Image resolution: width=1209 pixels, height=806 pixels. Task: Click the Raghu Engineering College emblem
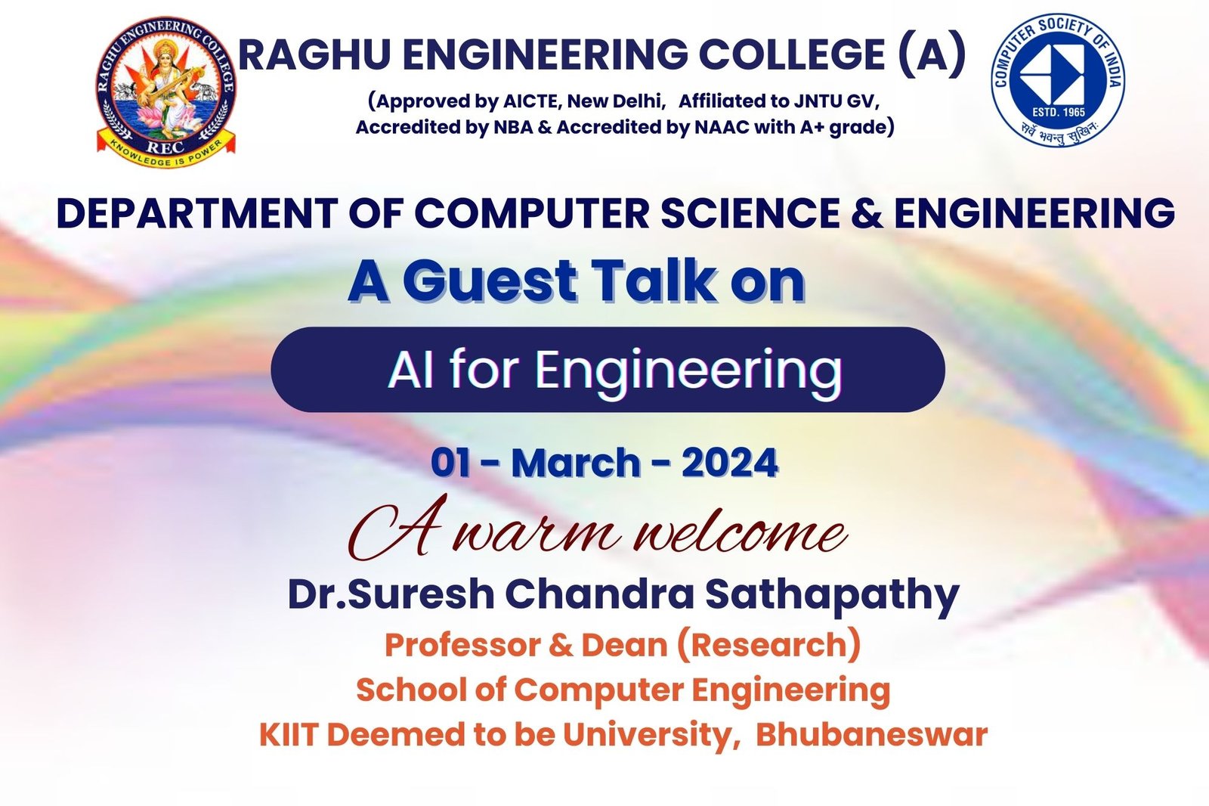[166, 91]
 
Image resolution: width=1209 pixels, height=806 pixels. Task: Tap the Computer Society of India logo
[1057, 79]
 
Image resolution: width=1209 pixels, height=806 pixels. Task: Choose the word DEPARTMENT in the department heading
[196, 213]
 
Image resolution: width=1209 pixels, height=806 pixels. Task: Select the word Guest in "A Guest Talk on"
[490, 281]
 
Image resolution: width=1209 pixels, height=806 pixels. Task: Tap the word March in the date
[575, 463]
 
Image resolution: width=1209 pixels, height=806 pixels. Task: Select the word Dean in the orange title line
[624, 646]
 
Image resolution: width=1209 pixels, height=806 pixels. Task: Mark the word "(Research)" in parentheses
[768, 646]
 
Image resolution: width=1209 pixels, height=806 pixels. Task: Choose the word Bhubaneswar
[871, 735]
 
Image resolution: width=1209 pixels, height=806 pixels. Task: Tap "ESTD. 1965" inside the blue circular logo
[1058, 113]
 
